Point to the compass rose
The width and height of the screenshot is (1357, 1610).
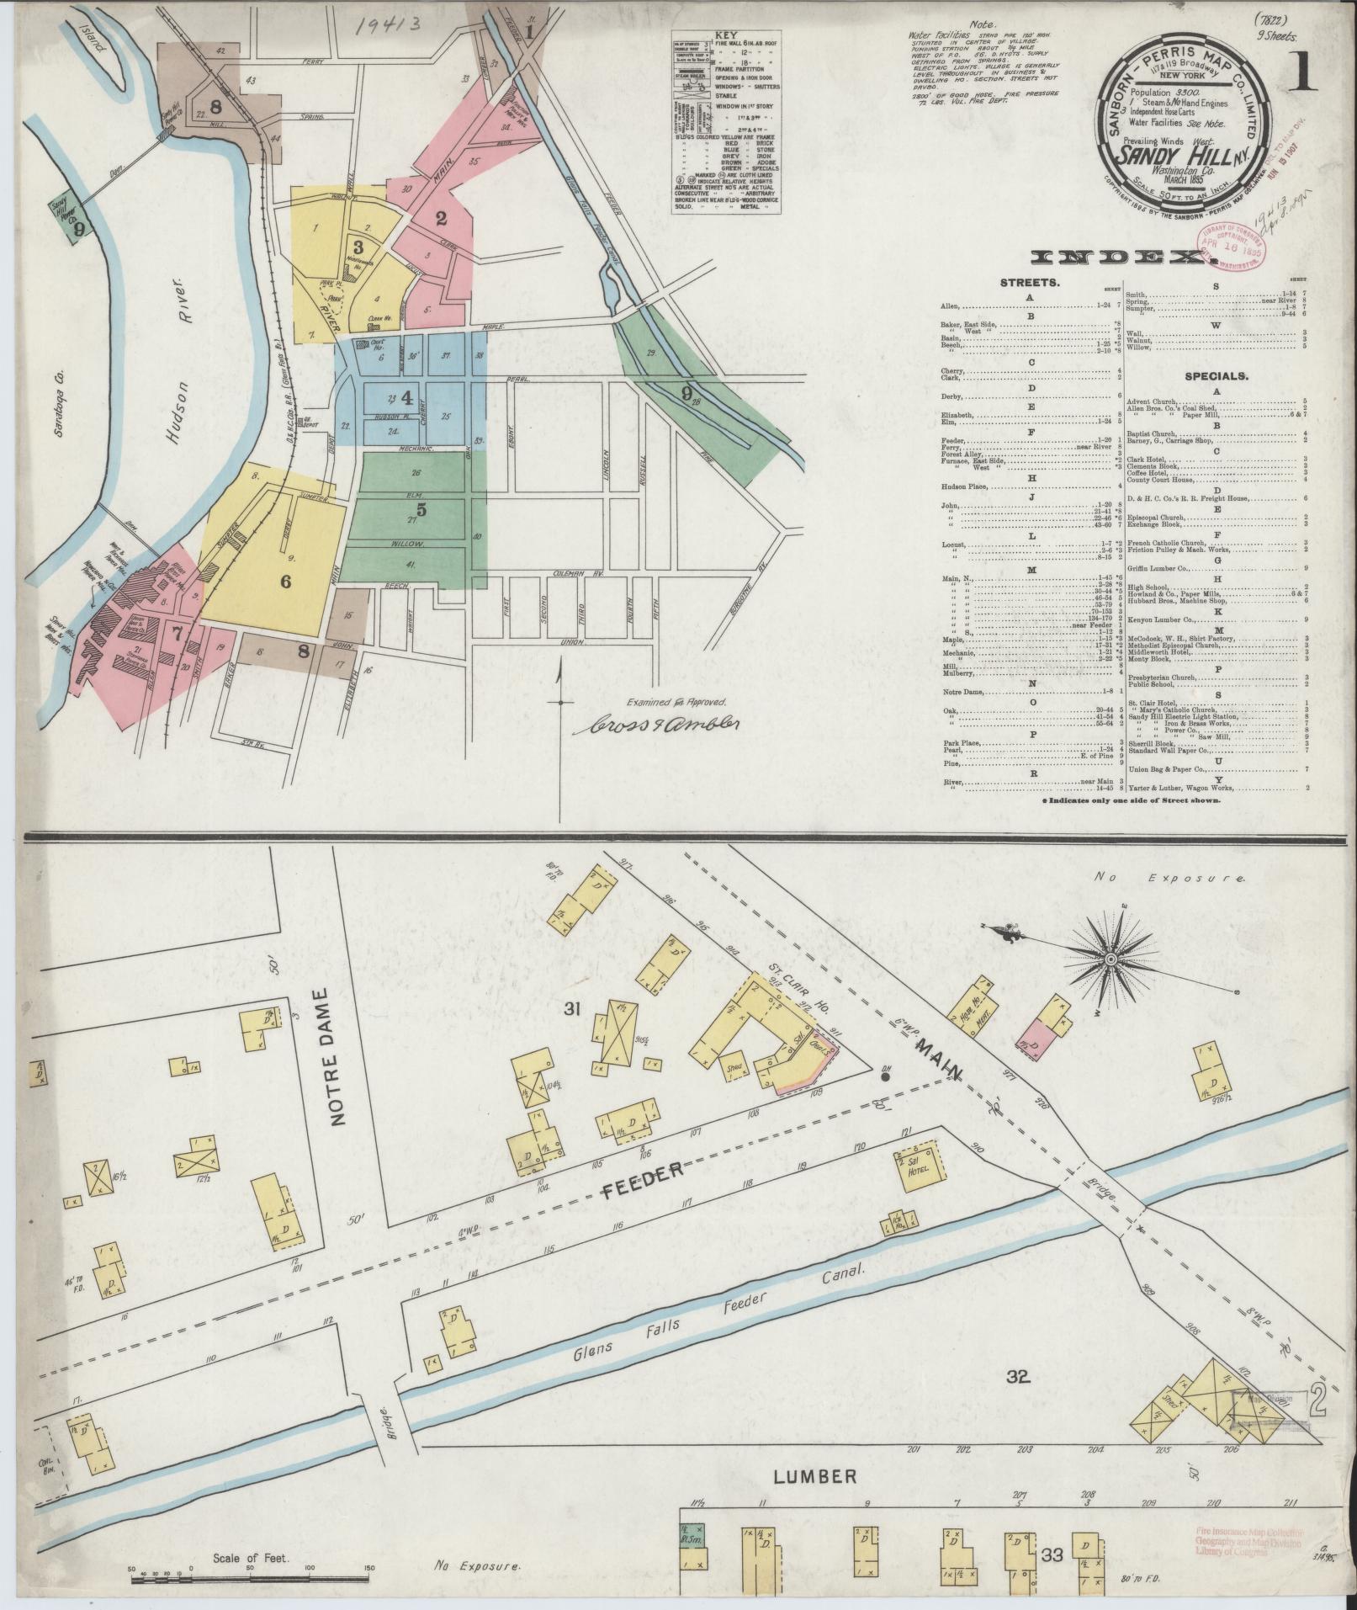1111,959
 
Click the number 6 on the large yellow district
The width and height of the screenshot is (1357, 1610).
285,581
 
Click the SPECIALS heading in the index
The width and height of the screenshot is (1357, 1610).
1216,377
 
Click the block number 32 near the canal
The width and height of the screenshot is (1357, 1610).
1018,1376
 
